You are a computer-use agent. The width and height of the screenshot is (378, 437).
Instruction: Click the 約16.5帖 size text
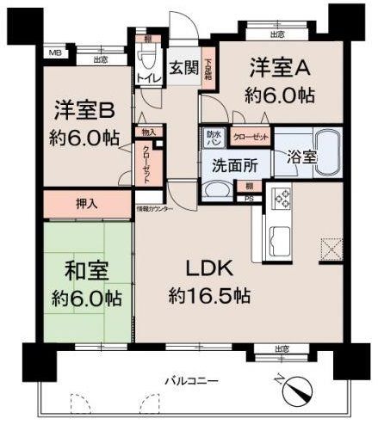tap(209, 296)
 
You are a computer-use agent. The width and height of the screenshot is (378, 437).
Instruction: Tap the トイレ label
tap(145, 78)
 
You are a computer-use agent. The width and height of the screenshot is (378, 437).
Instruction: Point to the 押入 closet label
tap(85, 205)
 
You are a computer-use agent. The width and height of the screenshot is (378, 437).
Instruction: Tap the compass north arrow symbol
tap(298, 391)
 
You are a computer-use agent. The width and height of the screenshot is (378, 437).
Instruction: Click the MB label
tap(54, 53)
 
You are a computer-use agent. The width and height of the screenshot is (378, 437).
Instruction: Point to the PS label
tap(250, 199)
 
